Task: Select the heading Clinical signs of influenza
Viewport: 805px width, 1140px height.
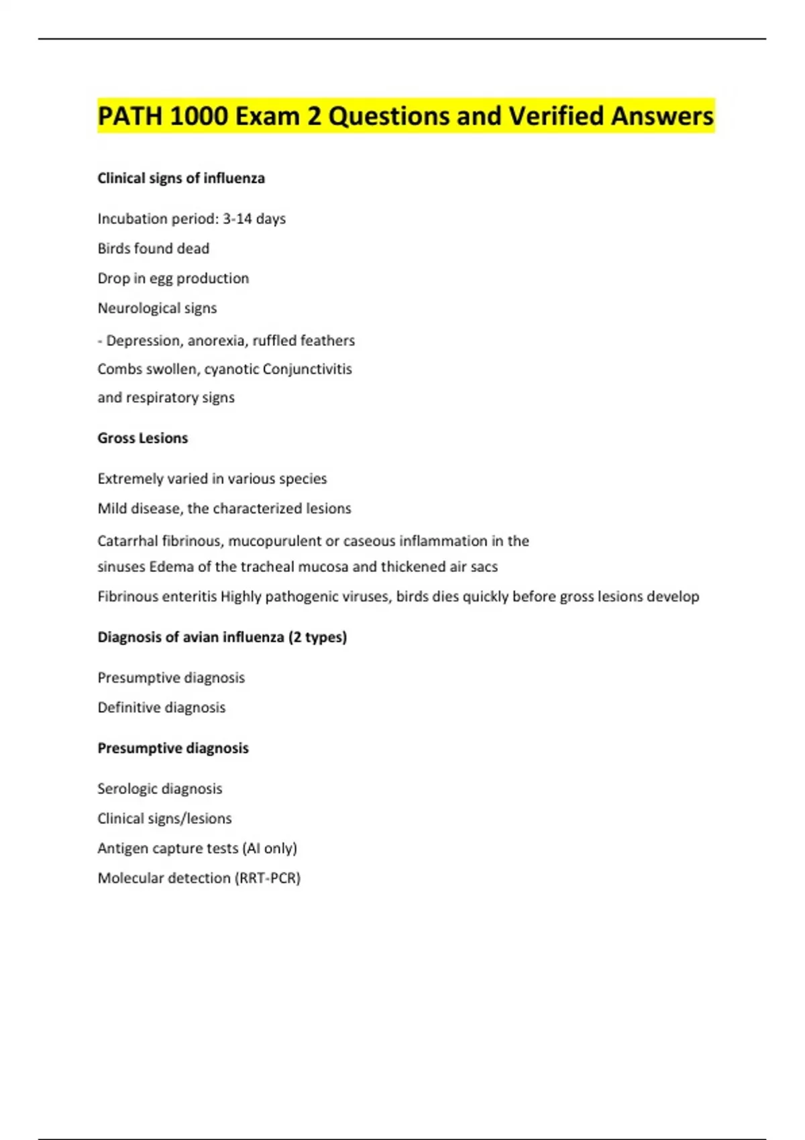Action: click(181, 178)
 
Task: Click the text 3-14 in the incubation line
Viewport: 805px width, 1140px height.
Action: click(237, 219)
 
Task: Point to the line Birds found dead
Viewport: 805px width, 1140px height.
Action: click(153, 249)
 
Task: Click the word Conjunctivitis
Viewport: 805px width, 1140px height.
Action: click(307, 369)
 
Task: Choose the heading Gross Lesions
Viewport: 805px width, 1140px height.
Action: click(142, 439)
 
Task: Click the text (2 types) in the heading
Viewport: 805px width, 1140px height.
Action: click(317, 637)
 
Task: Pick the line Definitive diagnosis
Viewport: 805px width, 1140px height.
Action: click(161, 707)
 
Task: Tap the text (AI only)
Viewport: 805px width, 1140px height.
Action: click(270, 848)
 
